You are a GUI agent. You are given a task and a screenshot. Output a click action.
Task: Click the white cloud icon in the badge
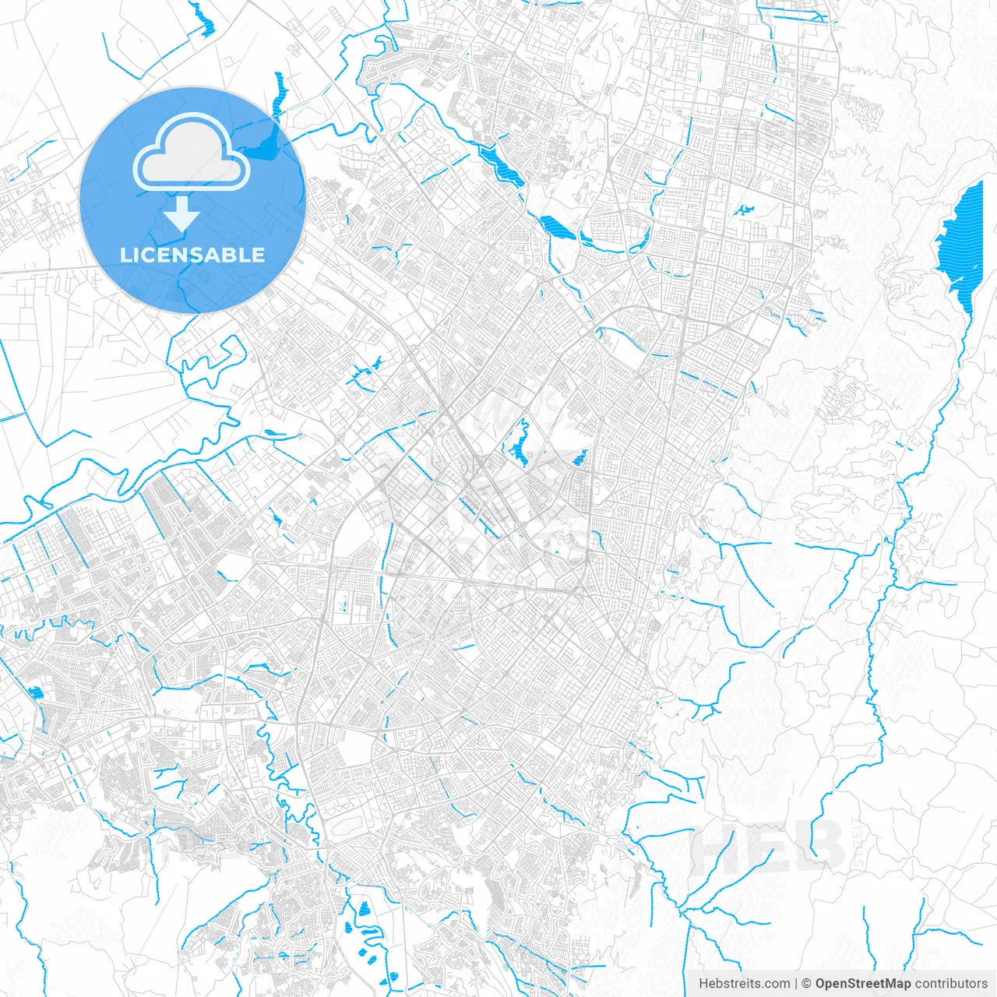[191, 154]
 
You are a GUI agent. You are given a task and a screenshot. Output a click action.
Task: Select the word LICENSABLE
[192, 255]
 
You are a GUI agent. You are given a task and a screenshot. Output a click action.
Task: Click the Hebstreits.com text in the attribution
[744, 984]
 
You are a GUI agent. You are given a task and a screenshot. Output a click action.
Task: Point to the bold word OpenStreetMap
[862, 984]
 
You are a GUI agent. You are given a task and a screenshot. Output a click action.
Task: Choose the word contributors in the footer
[951, 984]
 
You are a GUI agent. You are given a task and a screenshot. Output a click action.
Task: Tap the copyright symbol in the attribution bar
[807, 984]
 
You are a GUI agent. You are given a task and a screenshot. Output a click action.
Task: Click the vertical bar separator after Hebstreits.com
[796, 984]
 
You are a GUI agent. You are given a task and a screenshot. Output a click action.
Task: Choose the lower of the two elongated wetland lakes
[557, 227]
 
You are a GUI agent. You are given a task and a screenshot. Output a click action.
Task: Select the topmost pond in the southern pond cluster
[363, 907]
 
